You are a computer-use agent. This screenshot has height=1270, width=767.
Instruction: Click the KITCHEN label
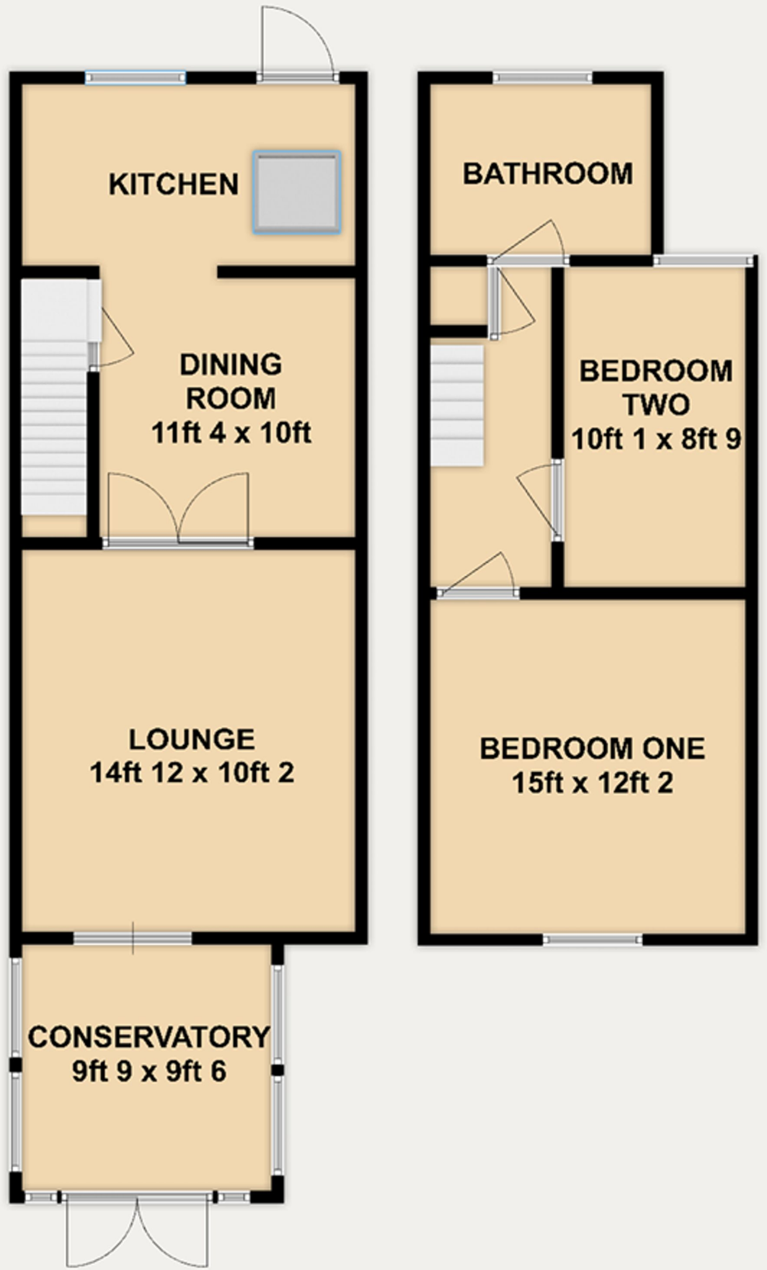[174, 185]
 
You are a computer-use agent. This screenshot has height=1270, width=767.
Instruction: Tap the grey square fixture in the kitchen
[297, 192]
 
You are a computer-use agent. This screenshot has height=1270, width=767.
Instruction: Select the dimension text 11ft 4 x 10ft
[231, 433]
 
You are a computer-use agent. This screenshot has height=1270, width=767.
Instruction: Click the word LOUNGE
[192, 739]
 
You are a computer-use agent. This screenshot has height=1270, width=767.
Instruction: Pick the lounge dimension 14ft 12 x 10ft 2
[192, 773]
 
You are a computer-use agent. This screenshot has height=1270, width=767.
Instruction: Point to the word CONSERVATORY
[149, 1037]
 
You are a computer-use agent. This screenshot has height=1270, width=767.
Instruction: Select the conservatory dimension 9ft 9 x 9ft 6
[149, 1072]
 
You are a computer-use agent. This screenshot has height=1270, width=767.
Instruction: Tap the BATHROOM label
[548, 174]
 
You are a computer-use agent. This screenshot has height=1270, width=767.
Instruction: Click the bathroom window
[543, 78]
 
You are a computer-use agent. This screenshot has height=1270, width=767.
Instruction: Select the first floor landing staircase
[457, 406]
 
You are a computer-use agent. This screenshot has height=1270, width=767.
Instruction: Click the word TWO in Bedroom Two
[656, 406]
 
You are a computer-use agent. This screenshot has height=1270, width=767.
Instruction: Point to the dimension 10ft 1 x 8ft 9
[656, 440]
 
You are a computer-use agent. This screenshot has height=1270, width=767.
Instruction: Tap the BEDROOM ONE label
[592, 748]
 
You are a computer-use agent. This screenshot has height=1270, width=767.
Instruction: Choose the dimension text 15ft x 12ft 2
[592, 783]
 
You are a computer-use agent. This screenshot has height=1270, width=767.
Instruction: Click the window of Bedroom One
[593, 940]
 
